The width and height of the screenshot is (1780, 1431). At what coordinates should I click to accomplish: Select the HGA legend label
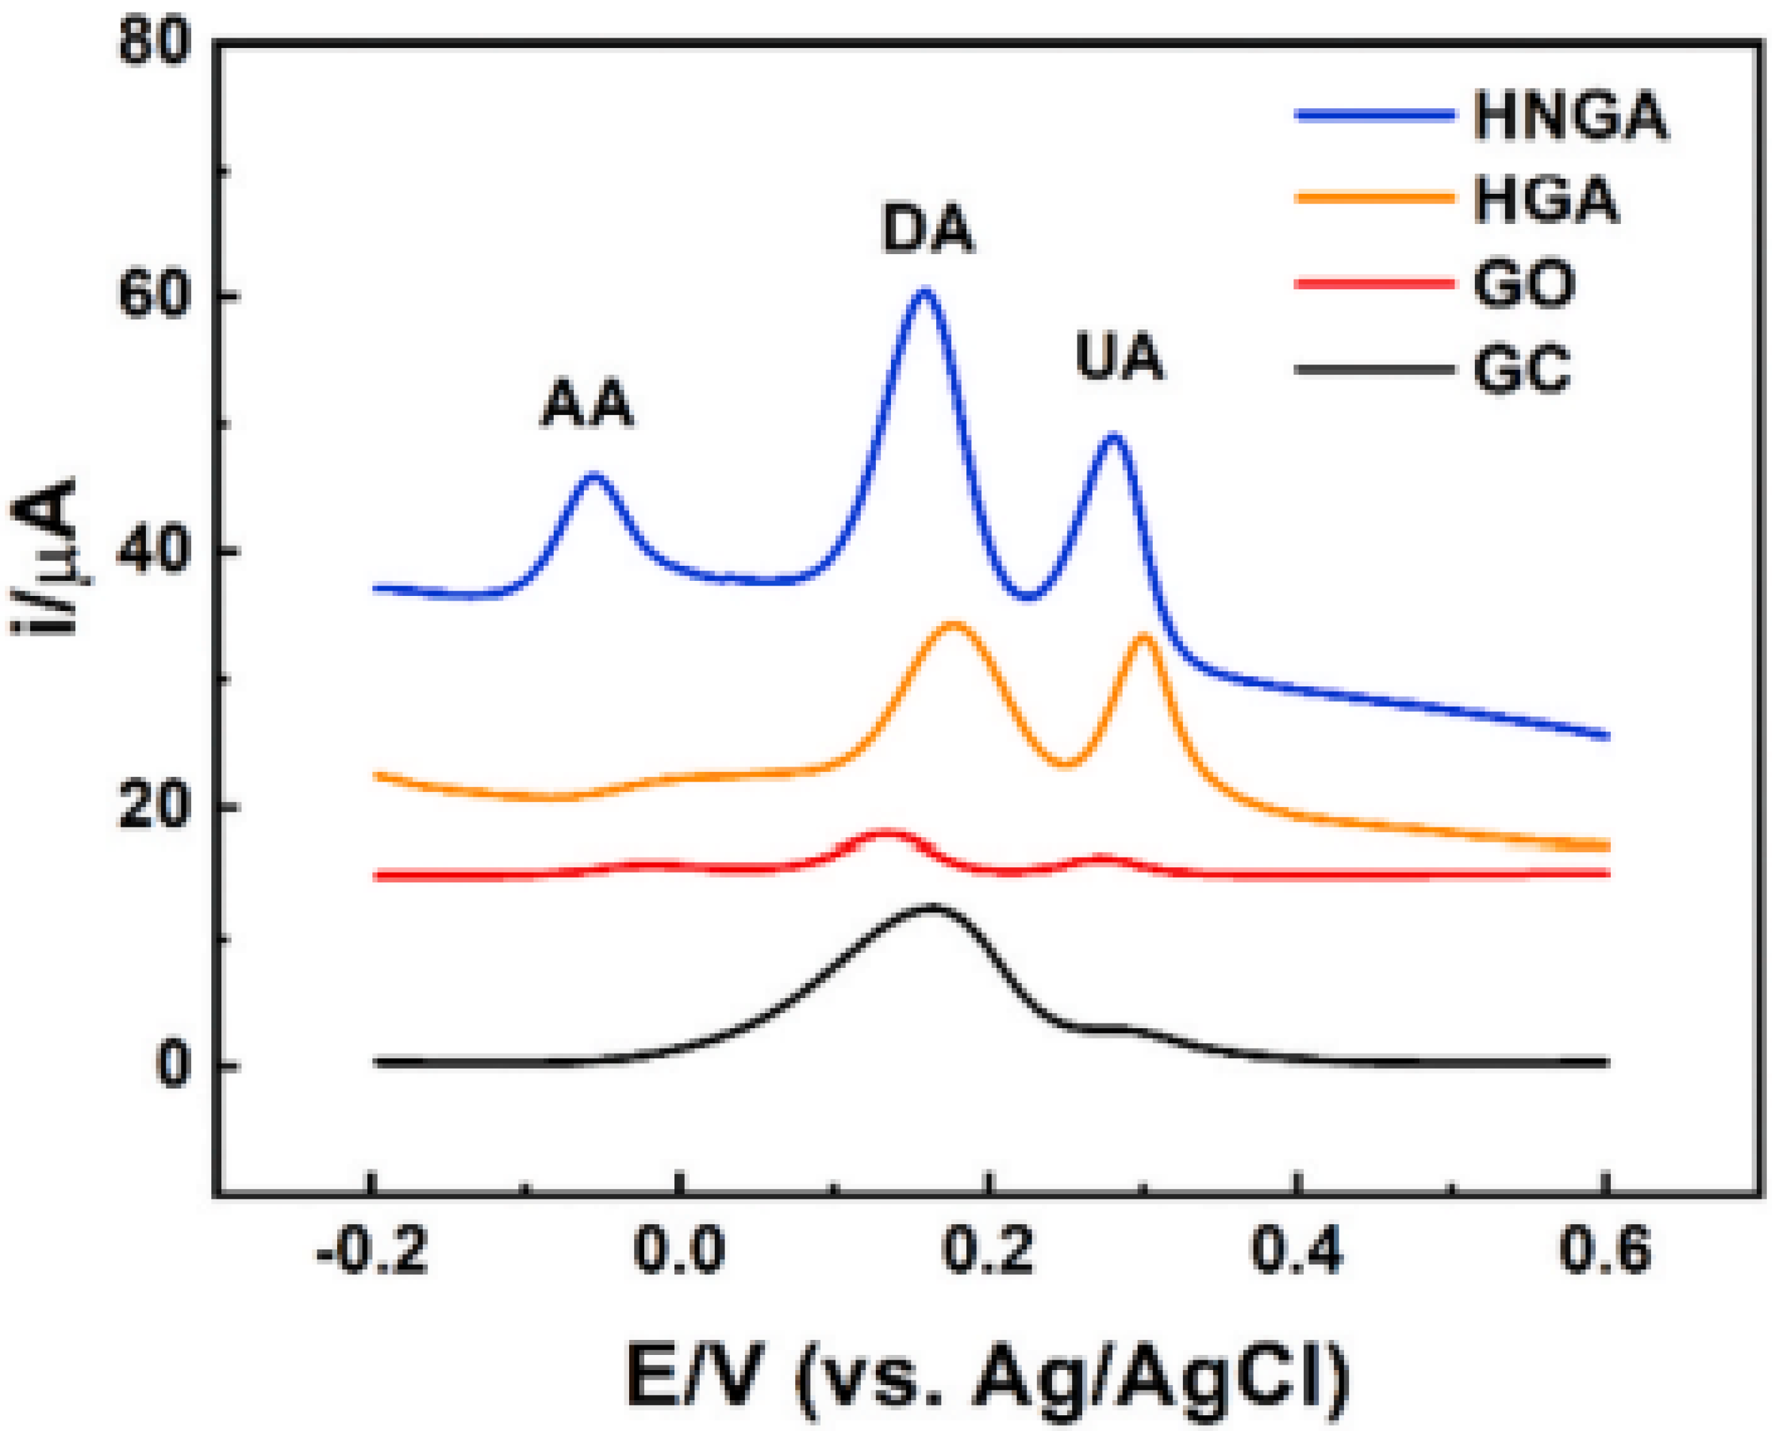pos(1546,201)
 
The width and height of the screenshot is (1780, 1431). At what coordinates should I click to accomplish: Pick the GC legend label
pos(1522,369)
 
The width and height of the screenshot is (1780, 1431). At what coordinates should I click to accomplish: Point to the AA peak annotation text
pos(587,404)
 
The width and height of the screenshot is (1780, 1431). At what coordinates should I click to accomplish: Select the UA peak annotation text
pos(1119,358)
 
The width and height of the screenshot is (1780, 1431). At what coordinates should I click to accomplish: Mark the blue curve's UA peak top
pos(1114,435)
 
